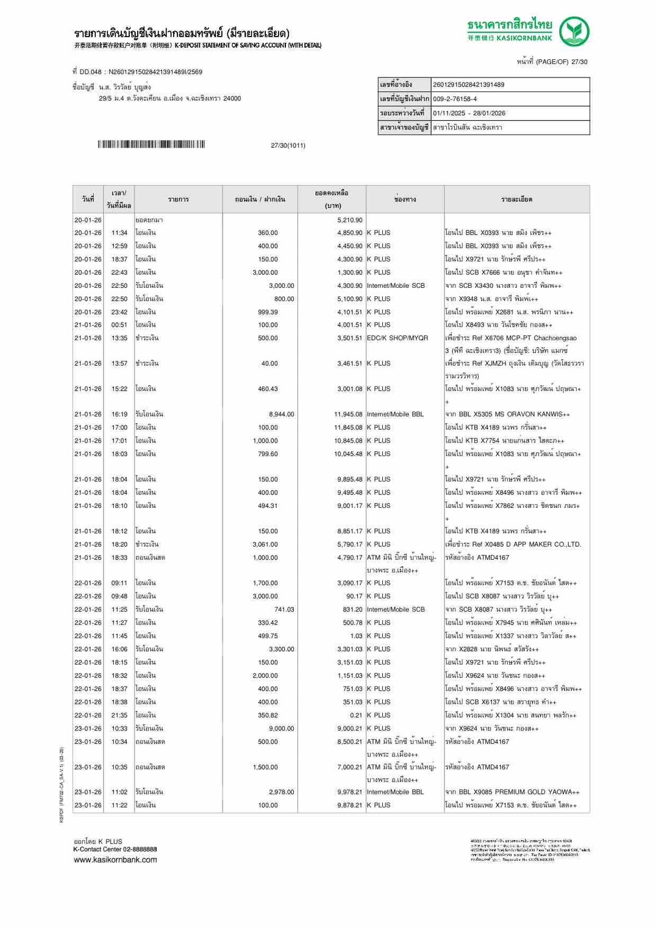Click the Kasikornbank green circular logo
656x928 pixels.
574,32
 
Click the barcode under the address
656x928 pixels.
151,145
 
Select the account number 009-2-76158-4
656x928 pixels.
455,99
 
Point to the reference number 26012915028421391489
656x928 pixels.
468,85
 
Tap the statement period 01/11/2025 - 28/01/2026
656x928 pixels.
469,113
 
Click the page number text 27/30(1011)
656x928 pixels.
288,146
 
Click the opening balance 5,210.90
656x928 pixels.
349,220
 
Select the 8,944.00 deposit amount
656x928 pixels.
281,415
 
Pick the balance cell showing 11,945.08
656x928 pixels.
348,415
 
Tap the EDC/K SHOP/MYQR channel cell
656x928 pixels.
397,338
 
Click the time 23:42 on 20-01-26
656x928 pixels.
119,312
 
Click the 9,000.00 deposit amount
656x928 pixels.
281,729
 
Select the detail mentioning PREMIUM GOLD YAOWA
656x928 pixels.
512,792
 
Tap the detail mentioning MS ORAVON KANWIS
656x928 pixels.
507,415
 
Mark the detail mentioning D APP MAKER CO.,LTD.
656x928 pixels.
513,544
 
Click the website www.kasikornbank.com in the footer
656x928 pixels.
115,860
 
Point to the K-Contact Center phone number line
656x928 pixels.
115,849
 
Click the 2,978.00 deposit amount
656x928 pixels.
281,792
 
